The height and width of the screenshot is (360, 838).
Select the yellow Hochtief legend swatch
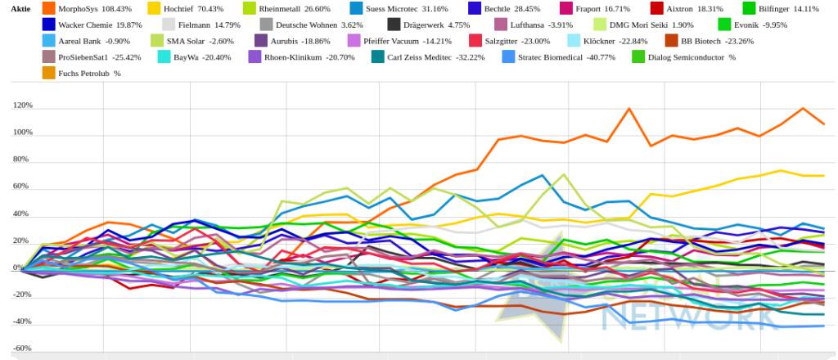[155, 8]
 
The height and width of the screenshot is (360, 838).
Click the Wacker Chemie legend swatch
[48, 25]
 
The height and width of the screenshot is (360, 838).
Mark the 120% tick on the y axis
[22, 106]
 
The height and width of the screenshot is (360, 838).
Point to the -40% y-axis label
[22, 322]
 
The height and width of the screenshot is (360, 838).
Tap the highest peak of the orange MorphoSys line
[629, 108]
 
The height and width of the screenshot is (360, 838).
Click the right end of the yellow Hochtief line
[823, 175]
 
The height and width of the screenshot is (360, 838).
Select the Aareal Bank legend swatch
[48, 41]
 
